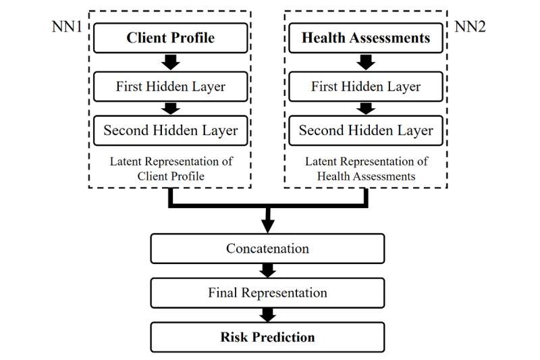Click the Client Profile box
170,38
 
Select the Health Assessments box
365,38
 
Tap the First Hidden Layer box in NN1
170,86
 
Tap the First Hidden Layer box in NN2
365,86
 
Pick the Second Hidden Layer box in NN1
170,130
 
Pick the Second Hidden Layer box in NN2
365,130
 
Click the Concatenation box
267,249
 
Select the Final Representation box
267,293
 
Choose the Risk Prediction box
267,336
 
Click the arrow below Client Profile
170,62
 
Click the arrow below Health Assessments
365,62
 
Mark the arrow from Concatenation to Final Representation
267,270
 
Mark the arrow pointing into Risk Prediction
267,315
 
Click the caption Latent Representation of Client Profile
170,170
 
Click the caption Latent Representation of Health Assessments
365,170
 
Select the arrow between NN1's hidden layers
170,108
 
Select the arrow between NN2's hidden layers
365,108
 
